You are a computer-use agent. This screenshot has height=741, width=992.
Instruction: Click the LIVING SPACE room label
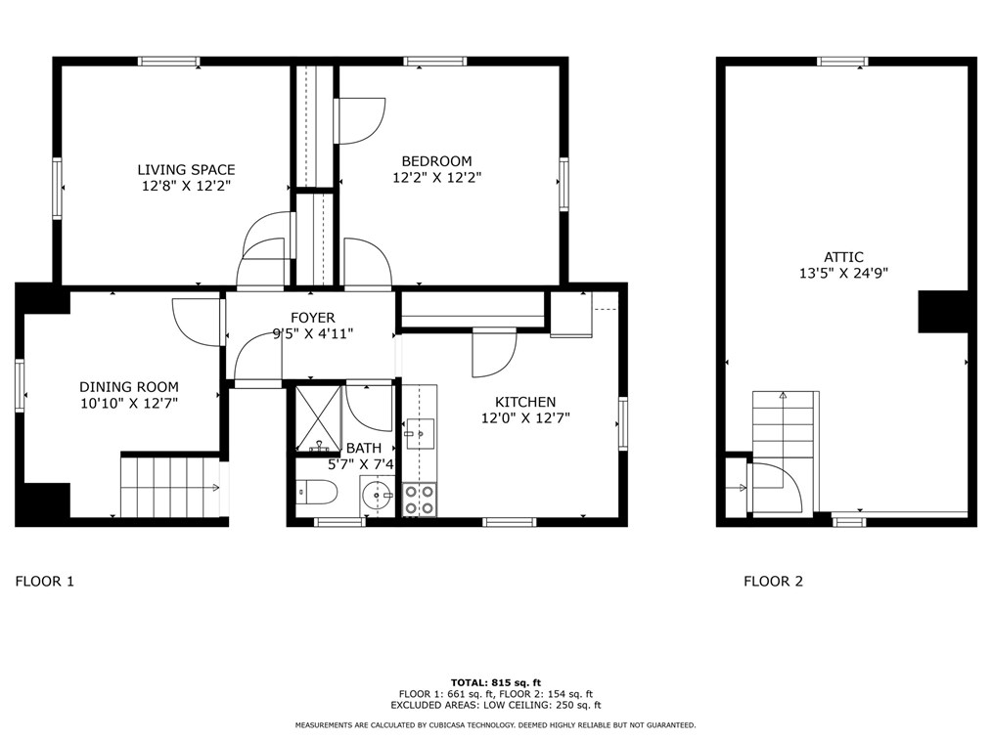click(x=186, y=169)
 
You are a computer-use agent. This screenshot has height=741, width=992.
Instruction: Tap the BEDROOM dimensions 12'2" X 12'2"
click(x=436, y=178)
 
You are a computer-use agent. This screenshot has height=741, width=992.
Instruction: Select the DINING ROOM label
click(x=129, y=387)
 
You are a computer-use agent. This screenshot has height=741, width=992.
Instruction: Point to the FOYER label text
click(x=312, y=318)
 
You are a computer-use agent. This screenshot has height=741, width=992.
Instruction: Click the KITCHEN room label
click(x=524, y=402)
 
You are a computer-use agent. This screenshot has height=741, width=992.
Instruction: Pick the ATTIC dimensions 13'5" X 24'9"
click(x=843, y=274)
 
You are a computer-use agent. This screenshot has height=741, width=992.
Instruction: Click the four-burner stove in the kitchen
click(x=420, y=500)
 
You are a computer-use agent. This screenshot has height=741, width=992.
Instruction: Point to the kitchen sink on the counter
click(x=419, y=431)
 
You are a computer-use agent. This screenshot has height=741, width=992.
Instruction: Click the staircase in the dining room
click(x=169, y=486)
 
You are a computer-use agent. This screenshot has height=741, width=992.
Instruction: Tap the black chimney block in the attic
click(x=942, y=312)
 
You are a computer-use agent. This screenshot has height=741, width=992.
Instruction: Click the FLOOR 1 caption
click(x=45, y=582)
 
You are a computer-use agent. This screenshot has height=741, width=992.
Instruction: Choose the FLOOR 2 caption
click(x=773, y=582)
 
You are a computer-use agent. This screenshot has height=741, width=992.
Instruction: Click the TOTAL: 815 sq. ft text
click(x=495, y=682)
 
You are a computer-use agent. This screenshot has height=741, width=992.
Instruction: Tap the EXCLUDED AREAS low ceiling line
click(x=495, y=704)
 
